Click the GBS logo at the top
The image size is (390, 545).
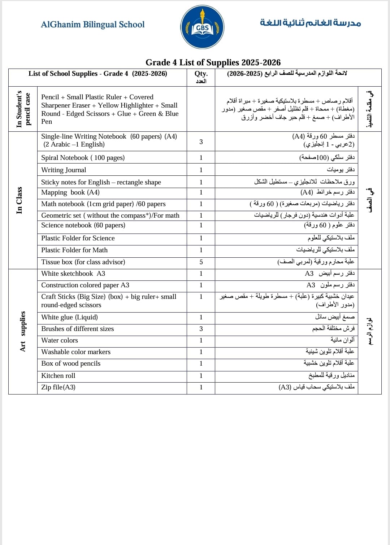pyautogui.click(x=202, y=27)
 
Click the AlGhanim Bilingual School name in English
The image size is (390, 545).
pyautogui.click(x=92, y=25)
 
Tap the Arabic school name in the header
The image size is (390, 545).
pyautogui.click(x=310, y=23)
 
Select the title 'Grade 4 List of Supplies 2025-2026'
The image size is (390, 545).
pyautogui.click(x=213, y=62)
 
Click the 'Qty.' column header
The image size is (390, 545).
pyautogui.click(x=201, y=74)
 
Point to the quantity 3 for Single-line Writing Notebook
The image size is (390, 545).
pyautogui.click(x=201, y=141)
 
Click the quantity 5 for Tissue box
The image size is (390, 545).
pyautogui.click(x=201, y=262)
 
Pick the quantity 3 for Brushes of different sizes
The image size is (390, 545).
pyautogui.click(x=201, y=329)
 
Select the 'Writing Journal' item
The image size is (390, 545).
pyautogui.click(x=64, y=170)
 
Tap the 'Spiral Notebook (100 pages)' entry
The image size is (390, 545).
pyautogui.click(x=83, y=158)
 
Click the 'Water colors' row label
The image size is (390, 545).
pyautogui.click(x=60, y=340)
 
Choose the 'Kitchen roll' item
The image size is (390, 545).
pyautogui.click(x=58, y=376)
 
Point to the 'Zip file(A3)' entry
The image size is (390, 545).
pyautogui.click(x=58, y=387)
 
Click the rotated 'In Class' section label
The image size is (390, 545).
pyautogui.click(x=19, y=200)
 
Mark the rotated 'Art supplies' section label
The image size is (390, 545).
pyautogui.click(x=23, y=331)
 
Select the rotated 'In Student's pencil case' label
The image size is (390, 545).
pyautogui.click(x=23, y=109)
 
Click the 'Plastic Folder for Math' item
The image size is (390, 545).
pyautogui.click(x=74, y=250)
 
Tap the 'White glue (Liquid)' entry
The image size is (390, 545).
pyautogui.click(x=69, y=317)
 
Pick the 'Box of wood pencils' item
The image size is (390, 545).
pyautogui.click(x=71, y=363)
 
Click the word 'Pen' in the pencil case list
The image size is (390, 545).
pyautogui.click(x=47, y=122)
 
